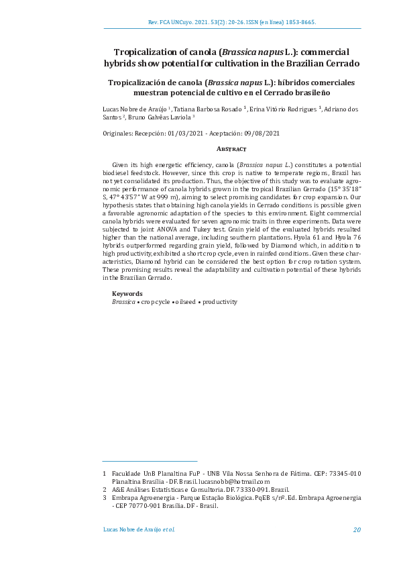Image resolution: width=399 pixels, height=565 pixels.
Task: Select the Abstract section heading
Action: point(231,148)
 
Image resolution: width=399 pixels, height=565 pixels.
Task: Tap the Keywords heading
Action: point(127,294)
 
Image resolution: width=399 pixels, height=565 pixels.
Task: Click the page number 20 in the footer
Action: point(357,529)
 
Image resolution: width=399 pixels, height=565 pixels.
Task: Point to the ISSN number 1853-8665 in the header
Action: point(300,21)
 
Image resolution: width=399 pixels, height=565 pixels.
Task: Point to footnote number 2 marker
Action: point(105,490)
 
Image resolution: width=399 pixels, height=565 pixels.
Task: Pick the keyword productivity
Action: point(220,302)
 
